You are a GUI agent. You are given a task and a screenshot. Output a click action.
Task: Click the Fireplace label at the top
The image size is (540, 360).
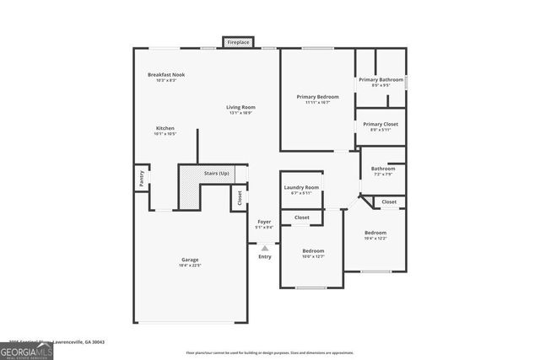tap(238, 41)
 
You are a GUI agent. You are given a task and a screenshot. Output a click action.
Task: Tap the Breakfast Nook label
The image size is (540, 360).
tap(166, 74)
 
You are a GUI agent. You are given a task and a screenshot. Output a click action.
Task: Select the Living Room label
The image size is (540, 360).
tap(240, 107)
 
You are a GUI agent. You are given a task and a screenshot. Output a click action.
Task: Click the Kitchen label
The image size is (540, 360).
tap(165, 128)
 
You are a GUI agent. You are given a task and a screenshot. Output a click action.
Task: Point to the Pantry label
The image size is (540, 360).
tap(141, 179)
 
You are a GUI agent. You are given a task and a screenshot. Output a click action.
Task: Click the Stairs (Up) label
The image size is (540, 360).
tap(217, 173)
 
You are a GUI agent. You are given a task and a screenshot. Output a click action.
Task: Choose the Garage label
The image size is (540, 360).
tap(189, 260)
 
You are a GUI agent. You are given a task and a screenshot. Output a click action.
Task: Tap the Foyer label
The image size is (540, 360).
tap(264, 222)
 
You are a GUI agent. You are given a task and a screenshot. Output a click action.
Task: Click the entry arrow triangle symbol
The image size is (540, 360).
tap(265, 248)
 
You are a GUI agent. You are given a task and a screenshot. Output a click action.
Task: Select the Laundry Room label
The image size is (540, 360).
tap(301, 187)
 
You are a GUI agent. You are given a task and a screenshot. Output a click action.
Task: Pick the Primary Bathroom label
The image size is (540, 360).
tap(380, 79)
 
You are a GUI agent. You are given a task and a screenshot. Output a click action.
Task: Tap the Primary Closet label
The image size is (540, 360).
tap(380, 124)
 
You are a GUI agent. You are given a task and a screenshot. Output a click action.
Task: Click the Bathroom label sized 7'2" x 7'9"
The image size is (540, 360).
tap(382, 169)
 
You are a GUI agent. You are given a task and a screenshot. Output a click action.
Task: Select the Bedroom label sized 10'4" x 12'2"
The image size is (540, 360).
tap(375, 233)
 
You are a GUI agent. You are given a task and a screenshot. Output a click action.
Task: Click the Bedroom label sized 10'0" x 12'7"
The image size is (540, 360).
tap(313, 250)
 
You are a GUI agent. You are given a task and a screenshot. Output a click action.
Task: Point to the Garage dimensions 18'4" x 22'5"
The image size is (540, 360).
tap(189, 266)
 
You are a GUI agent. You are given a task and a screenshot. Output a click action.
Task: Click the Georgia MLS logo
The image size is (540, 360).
tap(26, 348)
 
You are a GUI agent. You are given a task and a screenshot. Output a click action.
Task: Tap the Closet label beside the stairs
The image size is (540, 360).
tap(240, 198)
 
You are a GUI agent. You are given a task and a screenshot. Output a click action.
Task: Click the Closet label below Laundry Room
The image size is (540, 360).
tap(301, 218)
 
